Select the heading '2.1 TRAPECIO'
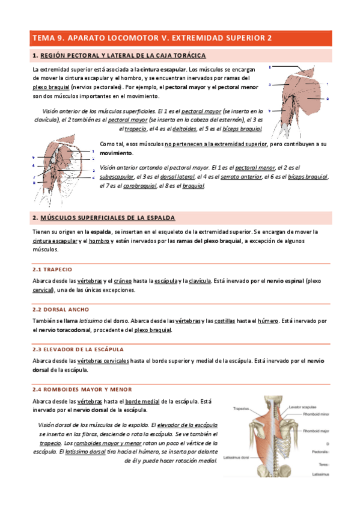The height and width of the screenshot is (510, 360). click(52, 269)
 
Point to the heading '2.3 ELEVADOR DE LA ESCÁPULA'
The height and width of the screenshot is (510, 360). click(78, 349)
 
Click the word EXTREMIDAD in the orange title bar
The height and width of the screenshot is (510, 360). click(197, 38)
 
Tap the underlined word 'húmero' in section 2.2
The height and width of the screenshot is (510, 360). click(268, 321)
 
